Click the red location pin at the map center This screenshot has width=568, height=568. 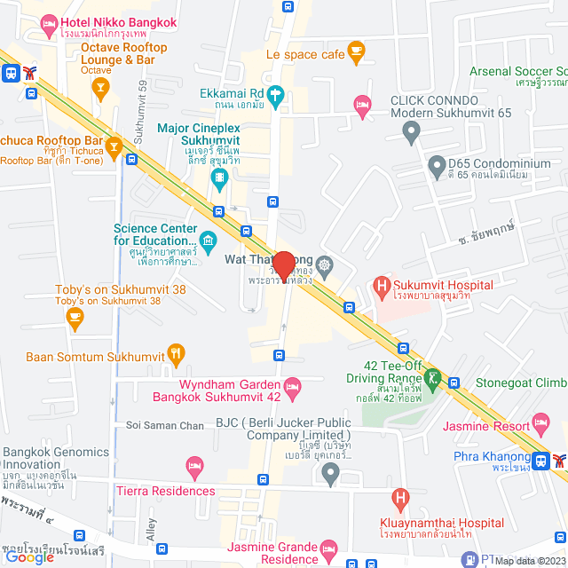283,265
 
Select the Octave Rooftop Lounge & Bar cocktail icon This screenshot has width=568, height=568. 101,86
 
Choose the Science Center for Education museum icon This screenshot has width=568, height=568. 208,240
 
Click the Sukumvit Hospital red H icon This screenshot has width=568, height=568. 382,285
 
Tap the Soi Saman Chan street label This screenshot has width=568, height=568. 165,426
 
